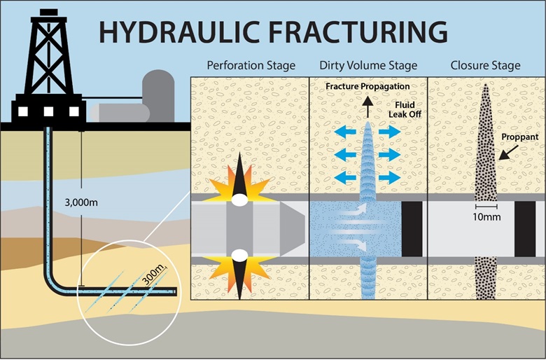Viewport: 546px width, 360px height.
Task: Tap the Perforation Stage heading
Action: (251, 66)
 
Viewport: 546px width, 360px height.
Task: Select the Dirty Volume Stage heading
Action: (368, 66)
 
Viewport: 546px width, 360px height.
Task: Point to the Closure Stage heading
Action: (485, 66)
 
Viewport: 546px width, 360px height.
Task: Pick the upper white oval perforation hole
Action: (239, 200)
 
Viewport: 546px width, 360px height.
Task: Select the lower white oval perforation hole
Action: (239, 255)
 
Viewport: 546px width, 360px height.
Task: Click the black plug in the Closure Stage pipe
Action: (525, 230)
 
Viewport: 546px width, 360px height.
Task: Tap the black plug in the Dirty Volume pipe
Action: (410, 230)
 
